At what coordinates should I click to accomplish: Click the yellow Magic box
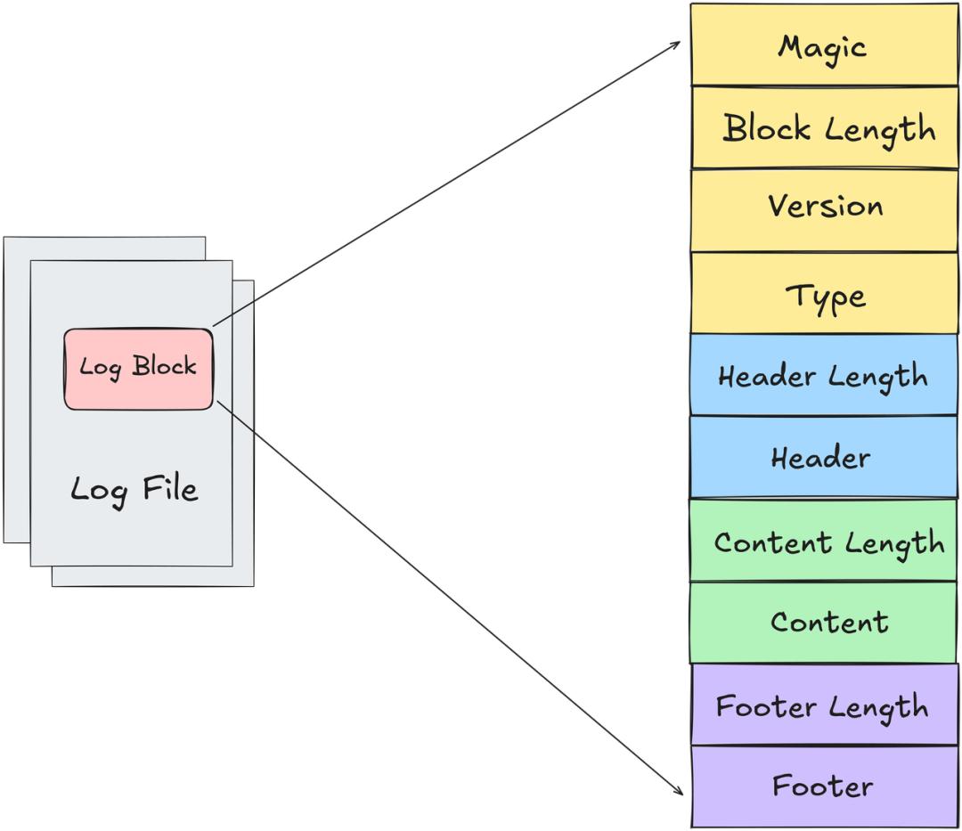[x=824, y=45]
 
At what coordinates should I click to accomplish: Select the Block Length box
[x=825, y=127]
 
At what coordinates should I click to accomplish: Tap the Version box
[x=824, y=210]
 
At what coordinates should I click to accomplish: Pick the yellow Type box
[x=824, y=293]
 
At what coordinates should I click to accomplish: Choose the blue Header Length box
[x=823, y=375]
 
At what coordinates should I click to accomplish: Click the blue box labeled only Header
[x=823, y=458]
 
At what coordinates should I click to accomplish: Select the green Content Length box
[x=823, y=541]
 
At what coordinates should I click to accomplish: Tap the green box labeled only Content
[x=823, y=623]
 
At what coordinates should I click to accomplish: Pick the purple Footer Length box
[x=825, y=705]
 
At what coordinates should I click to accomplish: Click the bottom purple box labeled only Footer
[x=825, y=786]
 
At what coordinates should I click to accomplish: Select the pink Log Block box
[x=139, y=370]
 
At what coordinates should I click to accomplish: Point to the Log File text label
[x=135, y=490]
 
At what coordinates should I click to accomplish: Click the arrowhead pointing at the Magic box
[x=676, y=45]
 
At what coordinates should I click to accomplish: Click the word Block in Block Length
[x=766, y=127]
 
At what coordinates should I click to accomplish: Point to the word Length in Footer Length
[x=878, y=708]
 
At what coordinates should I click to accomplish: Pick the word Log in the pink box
[x=100, y=368]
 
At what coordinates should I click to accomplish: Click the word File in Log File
[x=170, y=489]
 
